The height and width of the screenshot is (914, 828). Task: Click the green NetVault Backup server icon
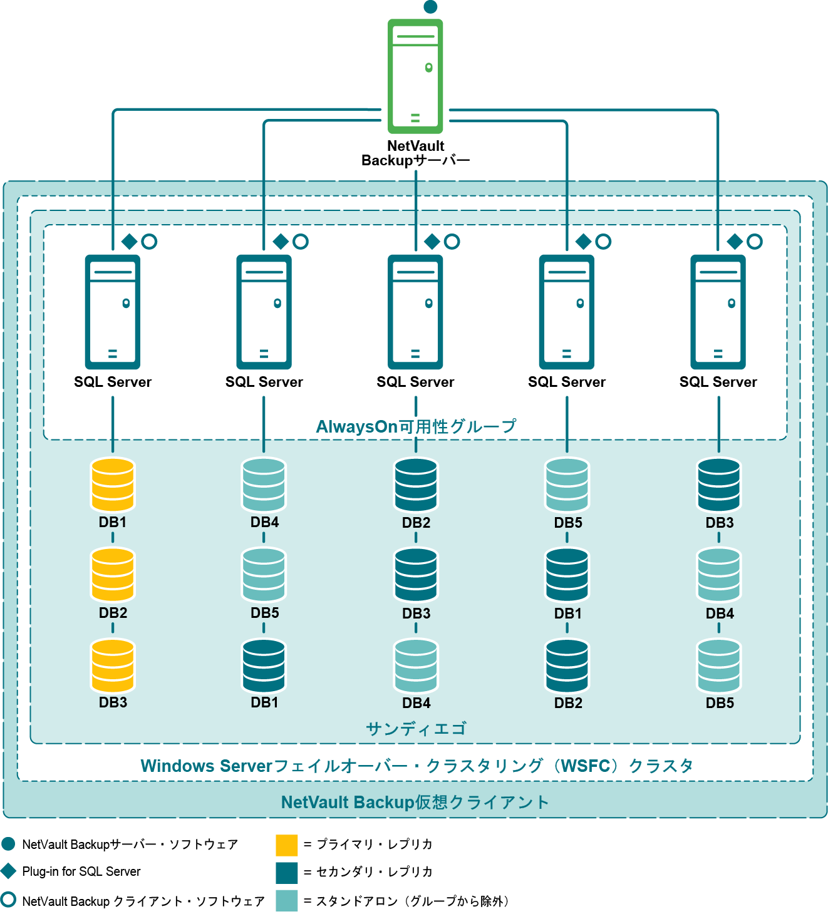pos(415,76)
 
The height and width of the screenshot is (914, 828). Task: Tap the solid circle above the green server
pos(430,7)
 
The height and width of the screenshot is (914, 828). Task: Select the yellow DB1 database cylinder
pos(113,485)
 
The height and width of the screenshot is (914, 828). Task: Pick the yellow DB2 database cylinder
pos(113,575)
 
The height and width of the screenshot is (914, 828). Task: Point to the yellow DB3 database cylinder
pos(113,665)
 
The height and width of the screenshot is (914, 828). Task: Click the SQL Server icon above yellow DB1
pos(113,311)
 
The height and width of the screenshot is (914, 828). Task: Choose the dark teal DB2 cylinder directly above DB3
pos(416,485)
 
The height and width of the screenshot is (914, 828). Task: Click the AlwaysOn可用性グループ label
pos(416,426)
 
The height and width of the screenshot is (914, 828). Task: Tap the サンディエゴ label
pos(416,729)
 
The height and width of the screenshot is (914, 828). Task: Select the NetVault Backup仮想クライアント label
pos(415,802)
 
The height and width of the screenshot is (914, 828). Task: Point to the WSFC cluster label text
pos(417,766)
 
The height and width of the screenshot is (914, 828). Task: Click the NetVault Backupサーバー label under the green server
pos(415,153)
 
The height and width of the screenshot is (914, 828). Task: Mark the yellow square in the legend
pos(286,845)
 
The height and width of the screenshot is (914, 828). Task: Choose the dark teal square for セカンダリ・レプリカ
pos(286,873)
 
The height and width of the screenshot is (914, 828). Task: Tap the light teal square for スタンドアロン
pos(286,901)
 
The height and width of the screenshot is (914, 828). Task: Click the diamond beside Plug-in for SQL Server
pos(9,871)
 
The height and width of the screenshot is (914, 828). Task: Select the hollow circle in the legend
pos(8,900)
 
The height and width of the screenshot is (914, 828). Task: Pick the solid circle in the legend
pos(8,844)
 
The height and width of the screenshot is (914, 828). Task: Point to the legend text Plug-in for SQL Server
pos(81,871)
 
